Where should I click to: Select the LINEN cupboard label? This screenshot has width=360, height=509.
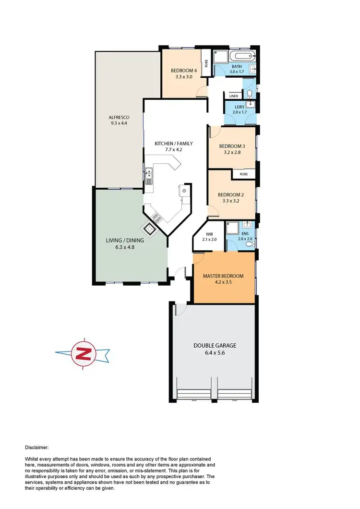[234, 96]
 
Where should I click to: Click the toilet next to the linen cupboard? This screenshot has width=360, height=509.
[250, 94]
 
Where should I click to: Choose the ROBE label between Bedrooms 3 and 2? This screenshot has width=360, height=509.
[244, 174]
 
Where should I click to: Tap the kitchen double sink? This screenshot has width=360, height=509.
[149, 175]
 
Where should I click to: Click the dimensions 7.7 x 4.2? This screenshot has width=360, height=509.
[168, 150]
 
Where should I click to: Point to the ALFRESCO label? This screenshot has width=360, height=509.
[119, 117]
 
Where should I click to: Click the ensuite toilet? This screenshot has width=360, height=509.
[249, 244]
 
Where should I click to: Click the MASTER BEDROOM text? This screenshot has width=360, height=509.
[223, 276]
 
